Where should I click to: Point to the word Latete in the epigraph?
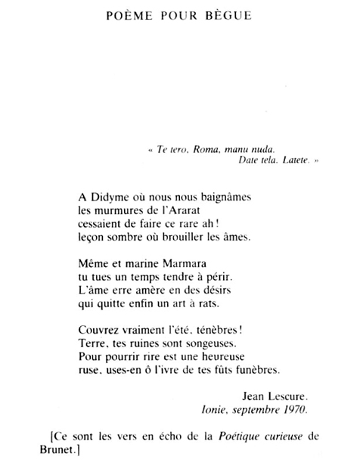[291, 161]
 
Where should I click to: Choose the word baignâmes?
[224, 196]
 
